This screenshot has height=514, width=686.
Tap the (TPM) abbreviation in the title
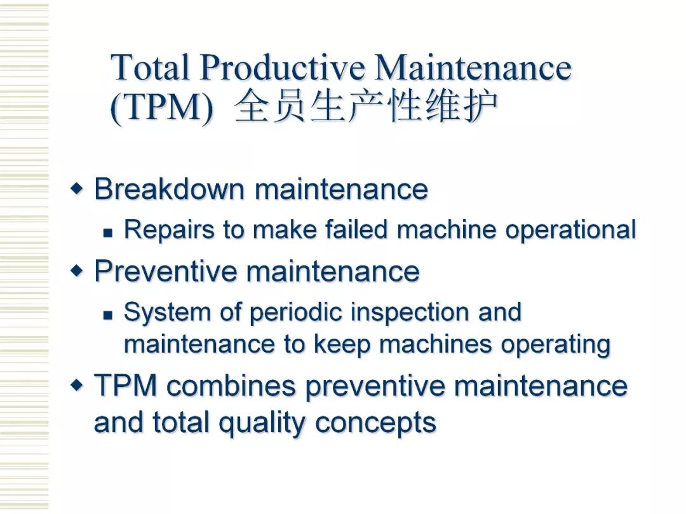tap(161, 107)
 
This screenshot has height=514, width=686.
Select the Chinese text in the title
tap(366, 105)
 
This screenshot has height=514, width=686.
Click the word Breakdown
tap(170, 189)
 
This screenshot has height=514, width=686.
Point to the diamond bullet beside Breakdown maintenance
tap(77, 189)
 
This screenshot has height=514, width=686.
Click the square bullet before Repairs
tap(108, 233)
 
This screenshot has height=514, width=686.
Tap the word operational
tap(570, 230)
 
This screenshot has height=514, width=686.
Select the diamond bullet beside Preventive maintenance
tap(77, 271)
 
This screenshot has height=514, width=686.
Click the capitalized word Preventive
tap(165, 271)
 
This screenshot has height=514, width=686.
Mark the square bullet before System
tap(108, 314)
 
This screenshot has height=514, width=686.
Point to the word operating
tap(556, 345)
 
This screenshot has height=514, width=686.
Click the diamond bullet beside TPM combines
tap(77, 386)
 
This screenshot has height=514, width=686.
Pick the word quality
tap(262, 423)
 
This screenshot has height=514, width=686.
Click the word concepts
tap(375, 423)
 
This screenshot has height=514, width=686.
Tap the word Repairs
tap(170, 229)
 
